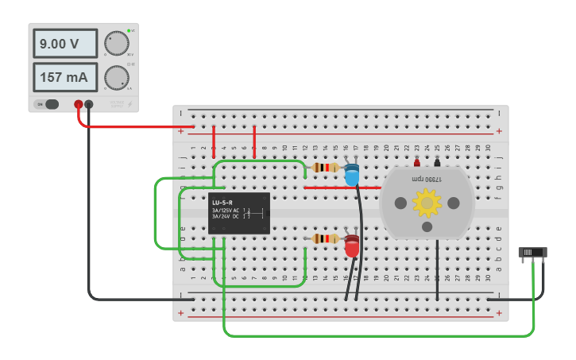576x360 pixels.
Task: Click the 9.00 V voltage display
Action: coord(64,44)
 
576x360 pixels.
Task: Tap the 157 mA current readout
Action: coord(64,77)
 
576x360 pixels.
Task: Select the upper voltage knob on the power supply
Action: coord(117,44)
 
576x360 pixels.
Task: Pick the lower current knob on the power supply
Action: coord(117,77)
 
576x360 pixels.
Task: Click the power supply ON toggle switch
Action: coord(49,104)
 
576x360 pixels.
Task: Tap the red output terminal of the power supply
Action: coord(78,104)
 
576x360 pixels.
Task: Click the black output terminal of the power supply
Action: coord(89,104)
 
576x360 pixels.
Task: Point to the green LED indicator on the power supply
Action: coord(129,30)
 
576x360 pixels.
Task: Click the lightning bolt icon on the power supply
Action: coord(130,104)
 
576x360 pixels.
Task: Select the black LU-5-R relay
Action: coord(238,213)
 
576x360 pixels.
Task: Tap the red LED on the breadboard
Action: coord(351,246)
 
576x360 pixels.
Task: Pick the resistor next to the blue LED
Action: coord(325,168)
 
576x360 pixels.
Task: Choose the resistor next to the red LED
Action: coord(325,238)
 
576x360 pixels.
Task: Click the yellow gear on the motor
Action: coord(427,203)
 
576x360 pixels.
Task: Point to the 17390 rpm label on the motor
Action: coord(427,180)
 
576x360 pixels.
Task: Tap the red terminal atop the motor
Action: coord(417,163)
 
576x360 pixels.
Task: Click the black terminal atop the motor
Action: coord(437,163)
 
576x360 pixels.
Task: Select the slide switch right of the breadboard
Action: coord(532,253)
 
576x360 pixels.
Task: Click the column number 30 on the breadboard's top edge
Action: coord(488,147)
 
